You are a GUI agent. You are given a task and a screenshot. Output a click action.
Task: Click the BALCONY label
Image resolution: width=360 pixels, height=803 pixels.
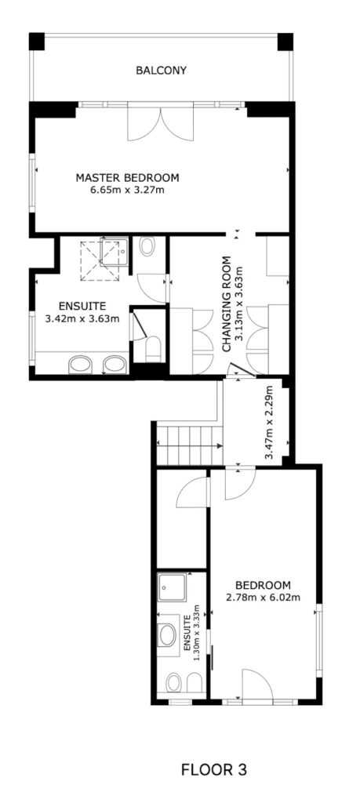point(161,70)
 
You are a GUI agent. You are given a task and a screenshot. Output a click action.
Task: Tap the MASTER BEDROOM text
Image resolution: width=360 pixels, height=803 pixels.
point(128,178)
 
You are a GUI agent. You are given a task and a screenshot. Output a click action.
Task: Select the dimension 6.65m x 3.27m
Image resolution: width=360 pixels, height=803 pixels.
point(128,191)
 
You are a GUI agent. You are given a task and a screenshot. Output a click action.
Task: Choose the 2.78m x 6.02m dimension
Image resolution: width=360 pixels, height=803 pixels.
point(263,597)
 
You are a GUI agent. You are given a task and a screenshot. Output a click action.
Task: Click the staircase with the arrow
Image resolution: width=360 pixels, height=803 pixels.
point(190,445)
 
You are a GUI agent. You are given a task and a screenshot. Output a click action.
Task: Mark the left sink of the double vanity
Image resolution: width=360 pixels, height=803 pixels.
point(81,365)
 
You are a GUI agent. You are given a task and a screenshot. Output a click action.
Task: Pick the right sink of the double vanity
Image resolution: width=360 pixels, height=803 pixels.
point(115,365)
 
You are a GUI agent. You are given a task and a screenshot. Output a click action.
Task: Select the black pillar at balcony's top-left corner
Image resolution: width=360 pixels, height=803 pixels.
point(36,42)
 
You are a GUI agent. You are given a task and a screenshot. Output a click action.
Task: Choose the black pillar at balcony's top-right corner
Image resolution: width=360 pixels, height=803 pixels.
point(285,42)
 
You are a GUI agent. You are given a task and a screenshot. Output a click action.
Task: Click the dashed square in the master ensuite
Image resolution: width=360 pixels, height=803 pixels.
point(100,260)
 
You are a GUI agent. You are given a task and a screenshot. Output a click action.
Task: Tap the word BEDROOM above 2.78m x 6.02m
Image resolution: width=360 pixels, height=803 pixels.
point(263,585)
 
